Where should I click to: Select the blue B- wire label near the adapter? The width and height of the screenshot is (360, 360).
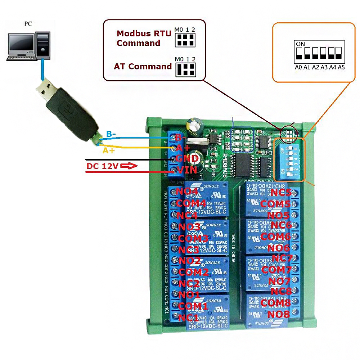[x=111, y=134]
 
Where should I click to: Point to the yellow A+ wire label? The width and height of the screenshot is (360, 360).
[x=109, y=150]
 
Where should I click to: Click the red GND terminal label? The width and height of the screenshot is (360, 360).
[x=186, y=158]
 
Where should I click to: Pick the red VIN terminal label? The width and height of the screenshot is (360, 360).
[x=186, y=170]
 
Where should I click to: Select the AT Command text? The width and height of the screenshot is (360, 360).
[x=143, y=66]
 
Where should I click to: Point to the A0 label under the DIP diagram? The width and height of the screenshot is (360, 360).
[x=298, y=67]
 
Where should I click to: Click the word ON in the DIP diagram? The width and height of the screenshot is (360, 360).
[x=300, y=44]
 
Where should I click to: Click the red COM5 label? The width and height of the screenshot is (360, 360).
[x=275, y=204]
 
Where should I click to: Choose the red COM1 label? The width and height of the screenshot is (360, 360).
[x=193, y=306]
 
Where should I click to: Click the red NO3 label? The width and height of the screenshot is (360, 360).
[x=189, y=226]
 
